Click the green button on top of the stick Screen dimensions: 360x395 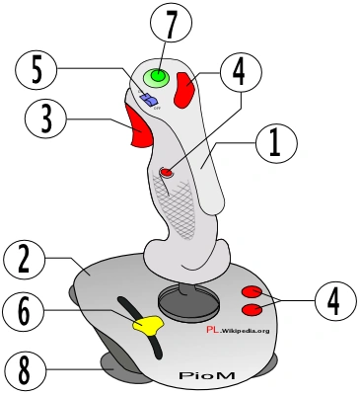point(157,77)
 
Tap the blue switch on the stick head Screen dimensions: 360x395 point(149,100)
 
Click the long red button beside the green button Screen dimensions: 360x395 point(185,90)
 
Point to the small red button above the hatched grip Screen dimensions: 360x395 point(167,172)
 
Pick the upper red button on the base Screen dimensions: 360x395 point(252,291)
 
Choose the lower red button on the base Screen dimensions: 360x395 point(252,309)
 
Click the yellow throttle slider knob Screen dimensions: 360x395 point(148,325)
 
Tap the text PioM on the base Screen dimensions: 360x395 point(207,375)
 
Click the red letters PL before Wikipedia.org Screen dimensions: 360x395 point(212,330)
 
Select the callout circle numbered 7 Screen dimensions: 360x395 point(171,27)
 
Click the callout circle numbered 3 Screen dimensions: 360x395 point(45,118)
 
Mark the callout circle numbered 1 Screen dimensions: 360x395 point(276,142)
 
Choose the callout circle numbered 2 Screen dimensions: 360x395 point(24,259)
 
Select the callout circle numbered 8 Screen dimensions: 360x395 point(26,371)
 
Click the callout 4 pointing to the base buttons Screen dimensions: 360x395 point(335,301)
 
